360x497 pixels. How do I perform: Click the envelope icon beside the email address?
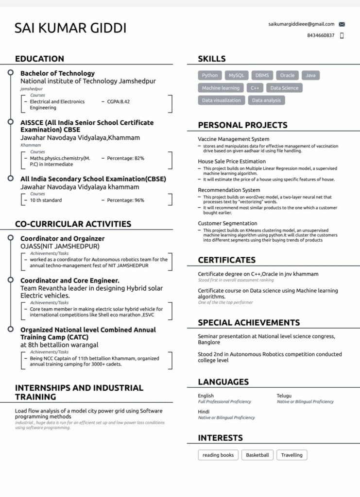(x=342, y=24)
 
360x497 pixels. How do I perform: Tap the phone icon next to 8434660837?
(x=342, y=35)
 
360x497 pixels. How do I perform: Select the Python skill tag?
(x=210, y=75)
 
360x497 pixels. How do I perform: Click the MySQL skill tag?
(x=237, y=75)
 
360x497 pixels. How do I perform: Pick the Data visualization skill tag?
(x=221, y=100)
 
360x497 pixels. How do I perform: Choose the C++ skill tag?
(x=255, y=88)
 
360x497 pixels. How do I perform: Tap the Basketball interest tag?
(x=257, y=455)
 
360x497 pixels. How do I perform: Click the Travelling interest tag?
(x=291, y=455)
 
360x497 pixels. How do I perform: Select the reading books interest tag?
(x=218, y=455)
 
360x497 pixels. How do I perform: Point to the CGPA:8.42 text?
(x=119, y=101)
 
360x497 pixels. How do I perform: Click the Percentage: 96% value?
(x=125, y=200)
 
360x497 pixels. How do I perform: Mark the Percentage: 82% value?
(x=125, y=158)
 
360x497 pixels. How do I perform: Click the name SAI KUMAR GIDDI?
(x=70, y=28)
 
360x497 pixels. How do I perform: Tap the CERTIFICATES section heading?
(x=226, y=260)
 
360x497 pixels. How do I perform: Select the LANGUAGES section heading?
(x=223, y=382)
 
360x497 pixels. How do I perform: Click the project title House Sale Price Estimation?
(x=232, y=161)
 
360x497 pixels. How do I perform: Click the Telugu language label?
(x=284, y=396)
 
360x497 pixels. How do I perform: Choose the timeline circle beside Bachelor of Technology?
(x=10, y=72)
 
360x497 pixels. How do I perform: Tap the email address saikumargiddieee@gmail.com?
(x=301, y=24)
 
